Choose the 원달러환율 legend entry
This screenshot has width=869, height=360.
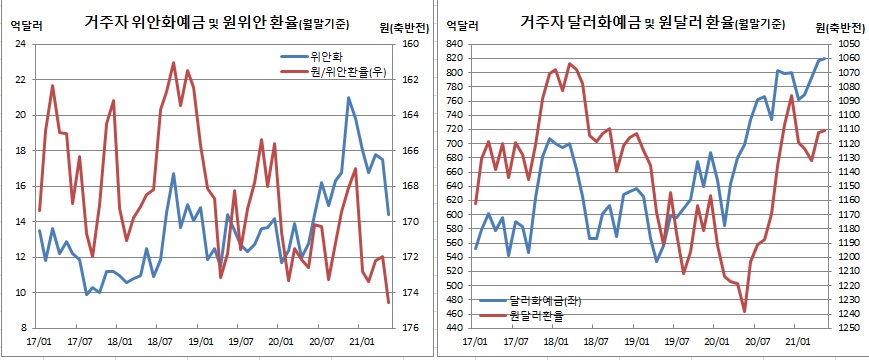point(536,315)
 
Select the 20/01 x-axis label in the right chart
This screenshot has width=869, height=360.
point(715,341)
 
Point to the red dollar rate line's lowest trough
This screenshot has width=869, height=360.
point(745,312)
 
